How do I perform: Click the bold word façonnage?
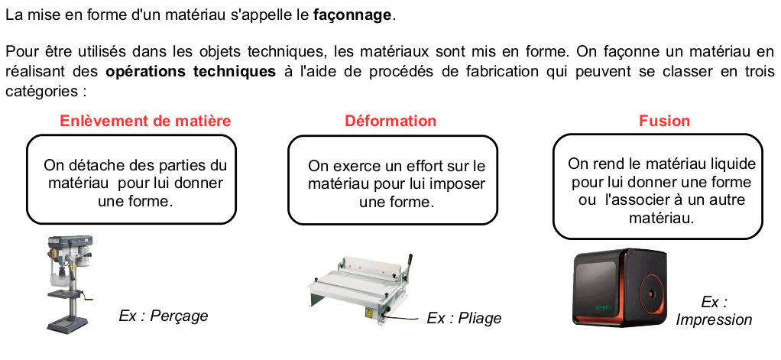point(352,15)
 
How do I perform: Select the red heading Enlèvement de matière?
point(145,121)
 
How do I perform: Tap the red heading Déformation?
point(390,121)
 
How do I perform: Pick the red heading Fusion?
point(664,121)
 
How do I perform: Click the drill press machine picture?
point(70,285)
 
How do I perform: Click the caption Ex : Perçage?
point(163,316)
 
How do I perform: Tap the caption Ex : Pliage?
point(464,318)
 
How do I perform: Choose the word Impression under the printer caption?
point(714,319)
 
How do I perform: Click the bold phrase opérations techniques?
point(190,72)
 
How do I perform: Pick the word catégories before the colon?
point(41,92)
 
